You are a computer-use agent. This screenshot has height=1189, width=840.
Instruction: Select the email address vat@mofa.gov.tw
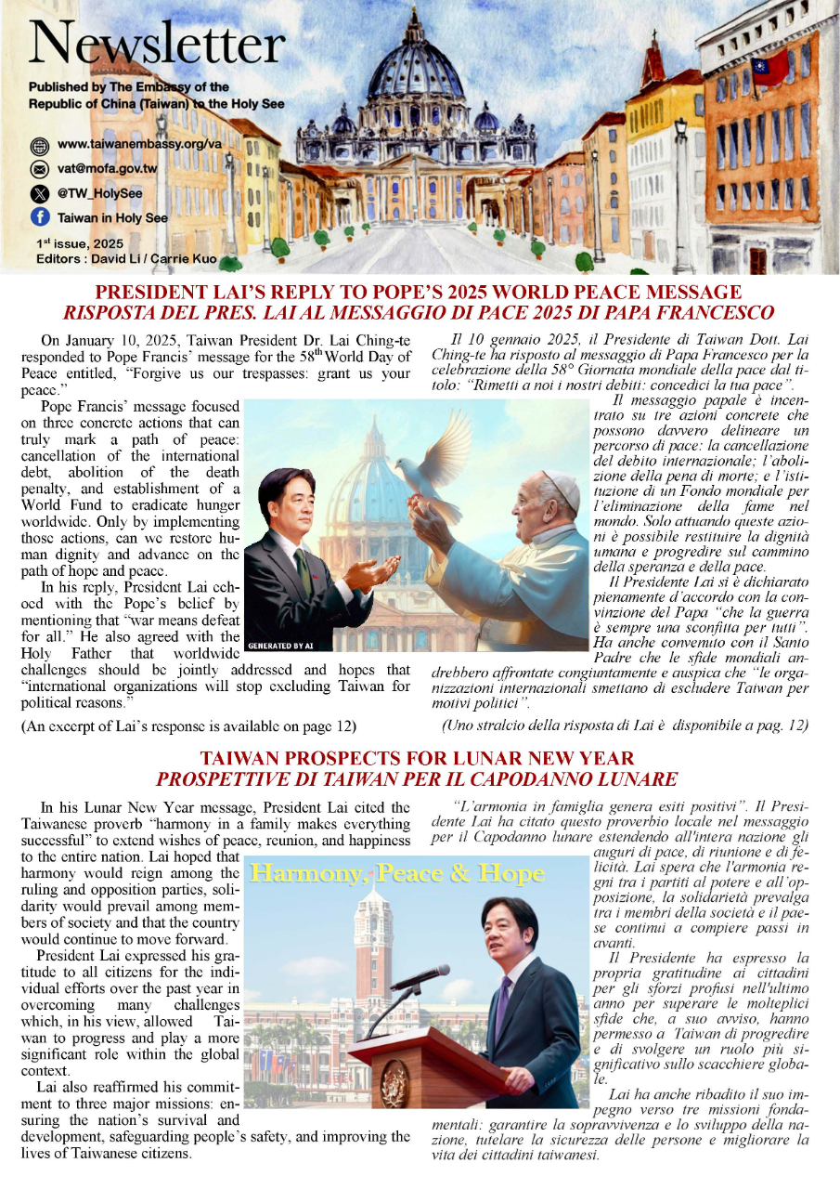coord(107,170)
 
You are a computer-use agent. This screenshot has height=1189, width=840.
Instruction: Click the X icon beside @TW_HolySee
coord(39,194)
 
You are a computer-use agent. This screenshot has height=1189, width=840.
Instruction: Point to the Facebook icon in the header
coord(39,217)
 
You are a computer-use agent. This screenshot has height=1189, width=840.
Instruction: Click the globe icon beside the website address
coord(39,146)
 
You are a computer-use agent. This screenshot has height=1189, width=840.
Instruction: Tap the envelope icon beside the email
coord(39,170)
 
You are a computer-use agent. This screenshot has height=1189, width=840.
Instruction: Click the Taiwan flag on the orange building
coord(769,67)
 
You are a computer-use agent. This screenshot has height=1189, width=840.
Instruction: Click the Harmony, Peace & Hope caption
coord(397,874)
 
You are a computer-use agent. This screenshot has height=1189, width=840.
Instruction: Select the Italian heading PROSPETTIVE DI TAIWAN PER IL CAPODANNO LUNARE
coord(420,777)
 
